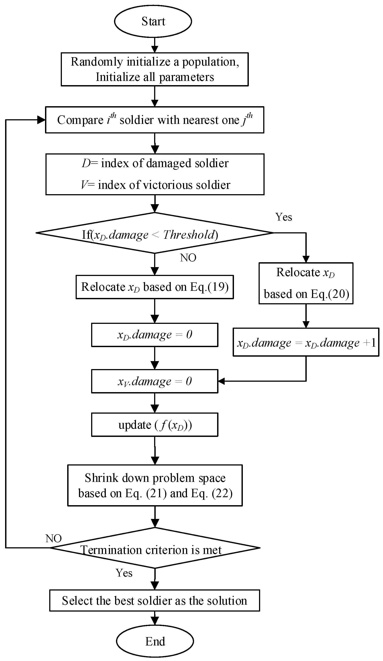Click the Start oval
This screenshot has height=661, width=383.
153,21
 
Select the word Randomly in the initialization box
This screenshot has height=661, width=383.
97,62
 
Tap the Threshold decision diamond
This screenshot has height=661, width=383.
155,233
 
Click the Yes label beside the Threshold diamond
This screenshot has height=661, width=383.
283,217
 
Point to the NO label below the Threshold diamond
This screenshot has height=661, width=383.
188,258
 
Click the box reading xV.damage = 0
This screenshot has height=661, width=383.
155,381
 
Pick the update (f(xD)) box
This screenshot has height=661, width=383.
155,425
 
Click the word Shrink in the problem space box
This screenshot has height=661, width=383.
101,478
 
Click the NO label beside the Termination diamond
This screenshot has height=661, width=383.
53,538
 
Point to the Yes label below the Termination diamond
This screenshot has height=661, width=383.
124,573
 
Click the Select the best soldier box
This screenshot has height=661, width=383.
155,601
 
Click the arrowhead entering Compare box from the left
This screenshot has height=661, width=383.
41,120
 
